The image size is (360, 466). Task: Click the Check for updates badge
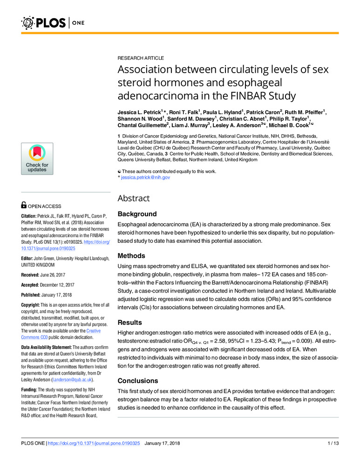37,159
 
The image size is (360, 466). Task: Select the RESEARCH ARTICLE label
140,58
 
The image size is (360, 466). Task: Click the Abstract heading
134,198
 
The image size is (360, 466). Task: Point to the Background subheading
137,214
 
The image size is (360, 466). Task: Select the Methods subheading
131,256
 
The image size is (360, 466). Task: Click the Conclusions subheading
138,380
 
